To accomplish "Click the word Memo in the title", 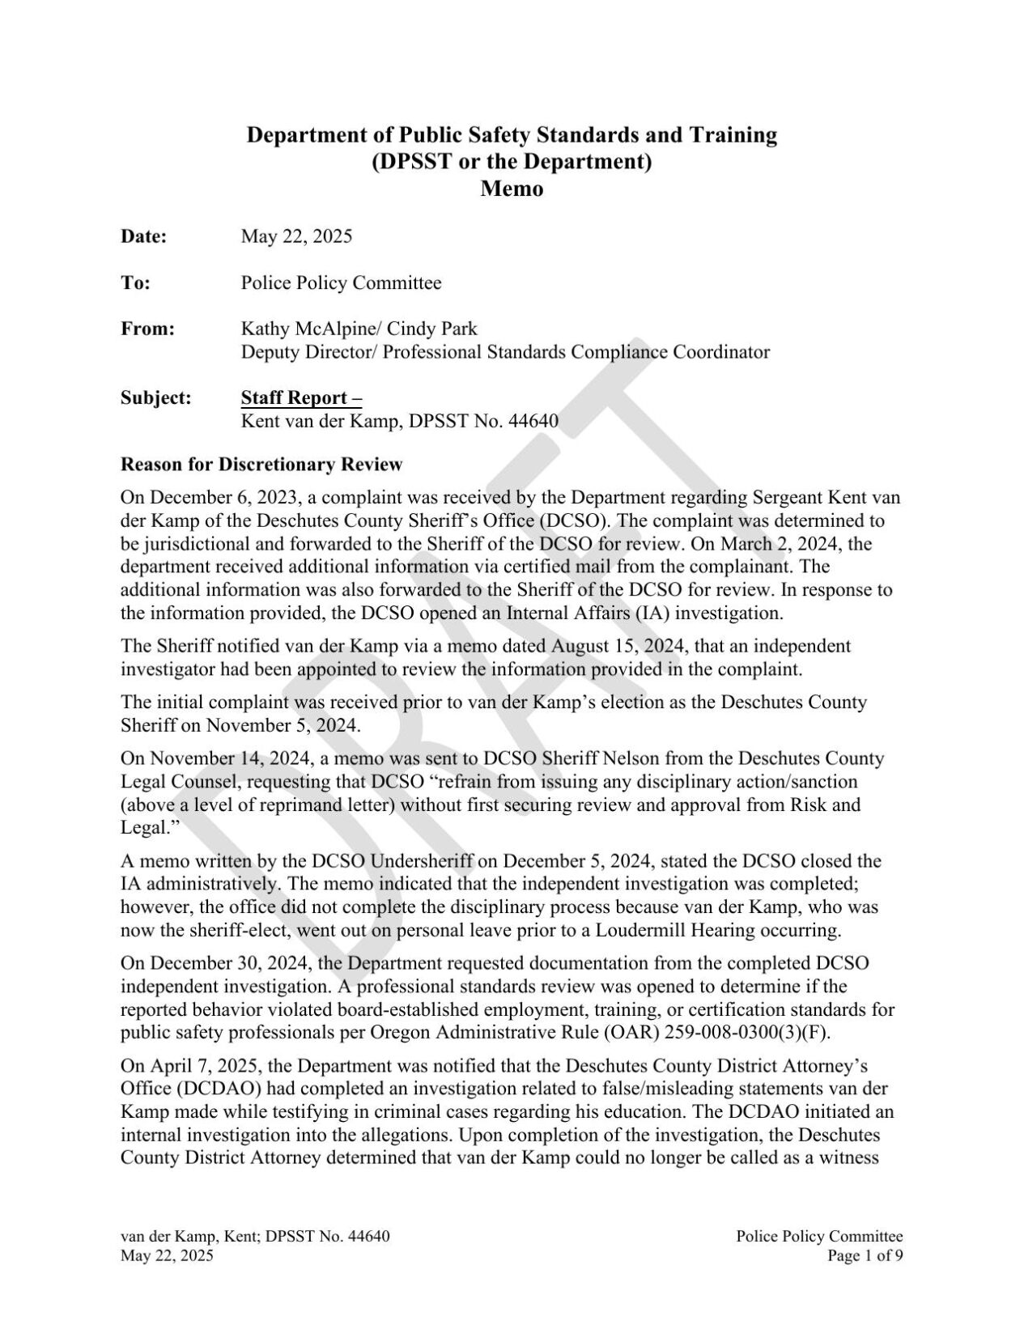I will tap(512, 189).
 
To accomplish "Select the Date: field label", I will tap(144, 236).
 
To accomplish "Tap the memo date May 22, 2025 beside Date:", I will tap(296, 236).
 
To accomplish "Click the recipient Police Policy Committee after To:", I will tap(341, 282).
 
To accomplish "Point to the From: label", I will tap(147, 329).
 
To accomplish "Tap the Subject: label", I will tap(155, 397).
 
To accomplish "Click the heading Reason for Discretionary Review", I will tap(261, 465).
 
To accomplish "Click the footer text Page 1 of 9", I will tap(865, 1255).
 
